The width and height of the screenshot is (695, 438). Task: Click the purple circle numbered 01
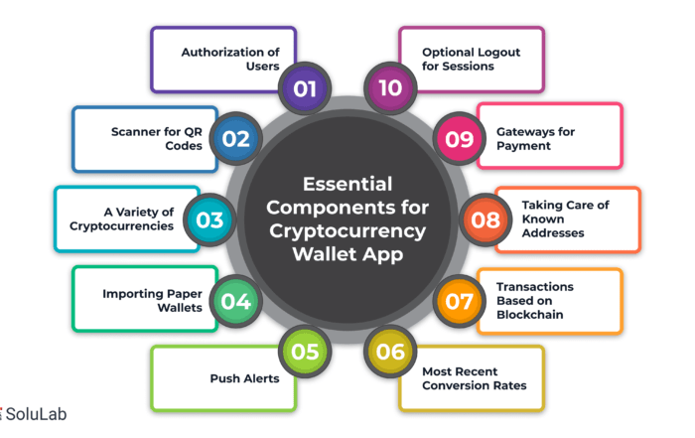pyautogui.click(x=305, y=88)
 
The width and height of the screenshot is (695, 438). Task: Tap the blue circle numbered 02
pyautogui.click(x=236, y=139)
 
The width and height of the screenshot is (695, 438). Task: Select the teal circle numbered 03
pyautogui.click(x=209, y=219)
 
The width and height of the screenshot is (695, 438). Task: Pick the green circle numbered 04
pyautogui.click(x=236, y=301)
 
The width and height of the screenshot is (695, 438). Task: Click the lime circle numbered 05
pyautogui.click(x=305, y=352)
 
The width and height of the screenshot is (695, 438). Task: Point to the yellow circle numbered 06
pyautogui.click(x=390, y=352)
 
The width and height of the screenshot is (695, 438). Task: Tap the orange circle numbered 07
pyautogui.click(x=459, y=301)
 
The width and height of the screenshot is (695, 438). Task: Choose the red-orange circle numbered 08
pyautogui.click(x=486, y=219)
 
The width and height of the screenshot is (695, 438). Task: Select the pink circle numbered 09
pyautogui.click(x=459, y=139)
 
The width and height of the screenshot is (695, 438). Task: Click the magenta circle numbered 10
pyautogui.click(x=390, y=88)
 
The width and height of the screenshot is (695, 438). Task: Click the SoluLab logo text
pyautogui.click(x=36, y=414)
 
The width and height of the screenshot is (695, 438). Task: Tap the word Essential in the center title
pyautogui.click(x=347, y=184)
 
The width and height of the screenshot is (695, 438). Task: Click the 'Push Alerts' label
pyautogui.click(x=244, y=378)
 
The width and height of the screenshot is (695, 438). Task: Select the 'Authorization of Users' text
pyautogui.click(x=230, y=59)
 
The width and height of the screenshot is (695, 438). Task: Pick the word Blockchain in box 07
pyautogui.click(x=530, y=315)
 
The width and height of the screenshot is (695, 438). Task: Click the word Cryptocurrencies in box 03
pyautogui.click(x=121, y=226)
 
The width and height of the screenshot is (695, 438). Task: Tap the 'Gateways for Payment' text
pyautogui.click(x=535, y=139)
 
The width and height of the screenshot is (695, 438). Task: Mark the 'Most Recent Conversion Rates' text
pyautogui.click(x=475, y=378)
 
